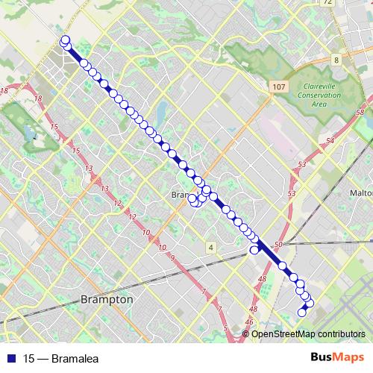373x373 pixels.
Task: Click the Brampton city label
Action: click(106, 299)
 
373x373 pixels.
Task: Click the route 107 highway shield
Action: click(278, 87)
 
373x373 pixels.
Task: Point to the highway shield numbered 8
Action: click(336, 60)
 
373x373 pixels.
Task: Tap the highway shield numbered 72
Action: click(327, 3)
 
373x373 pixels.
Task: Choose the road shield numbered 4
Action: click(211, 247)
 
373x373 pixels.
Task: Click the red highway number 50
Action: click(278, 245)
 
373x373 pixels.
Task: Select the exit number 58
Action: click(360, 112)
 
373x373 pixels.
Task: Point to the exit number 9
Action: click(172, 257)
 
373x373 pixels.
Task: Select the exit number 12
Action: click(134, 216)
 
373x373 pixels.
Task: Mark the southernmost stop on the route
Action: click(302, 313)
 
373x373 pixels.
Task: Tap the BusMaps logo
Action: click(339, 357)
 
